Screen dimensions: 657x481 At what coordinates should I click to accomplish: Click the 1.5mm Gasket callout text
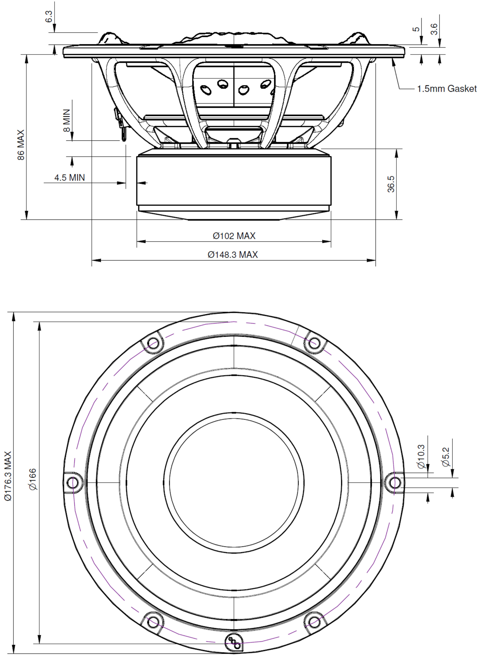coord(447,88)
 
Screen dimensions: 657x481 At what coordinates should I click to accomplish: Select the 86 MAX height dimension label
coord(21,145)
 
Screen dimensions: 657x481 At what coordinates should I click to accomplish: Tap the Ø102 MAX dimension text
coord(234,236)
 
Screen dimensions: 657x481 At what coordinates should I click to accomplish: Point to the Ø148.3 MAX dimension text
coord(233,255)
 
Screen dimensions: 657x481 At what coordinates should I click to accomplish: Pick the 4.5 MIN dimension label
coord(70,177)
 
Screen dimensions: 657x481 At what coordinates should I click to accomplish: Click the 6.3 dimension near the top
coord(49,16)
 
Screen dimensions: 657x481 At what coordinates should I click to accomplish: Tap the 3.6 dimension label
coord(434,29)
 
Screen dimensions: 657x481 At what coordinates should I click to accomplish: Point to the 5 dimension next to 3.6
coord(416,29)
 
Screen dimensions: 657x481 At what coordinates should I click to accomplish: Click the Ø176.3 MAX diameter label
coord(8,476)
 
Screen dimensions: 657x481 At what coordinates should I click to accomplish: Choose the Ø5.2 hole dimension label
coord(446,457)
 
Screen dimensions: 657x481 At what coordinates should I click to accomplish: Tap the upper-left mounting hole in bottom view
coord(153,343)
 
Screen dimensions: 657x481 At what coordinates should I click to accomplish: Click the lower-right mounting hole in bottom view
coord(314,622)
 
